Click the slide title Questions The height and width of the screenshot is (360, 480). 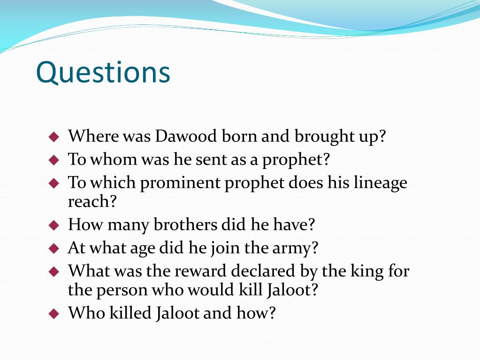coord(103,73)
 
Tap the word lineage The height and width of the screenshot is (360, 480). coord(381,183)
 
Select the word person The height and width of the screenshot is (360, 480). coord(122,290)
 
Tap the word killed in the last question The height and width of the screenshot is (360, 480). coord(130,313)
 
